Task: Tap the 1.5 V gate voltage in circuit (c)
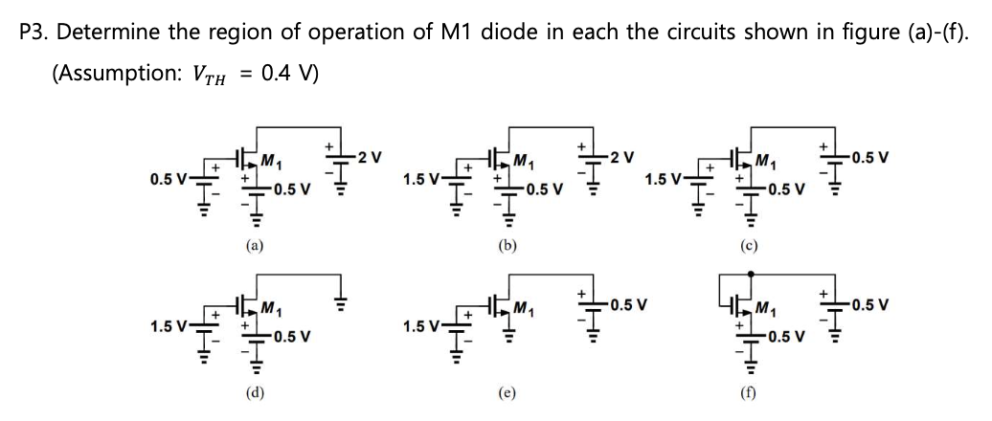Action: pos(665,179)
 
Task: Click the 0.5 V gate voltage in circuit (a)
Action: pos(168,179)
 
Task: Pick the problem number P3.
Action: pos(34,32)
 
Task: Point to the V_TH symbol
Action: pos(213,75)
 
